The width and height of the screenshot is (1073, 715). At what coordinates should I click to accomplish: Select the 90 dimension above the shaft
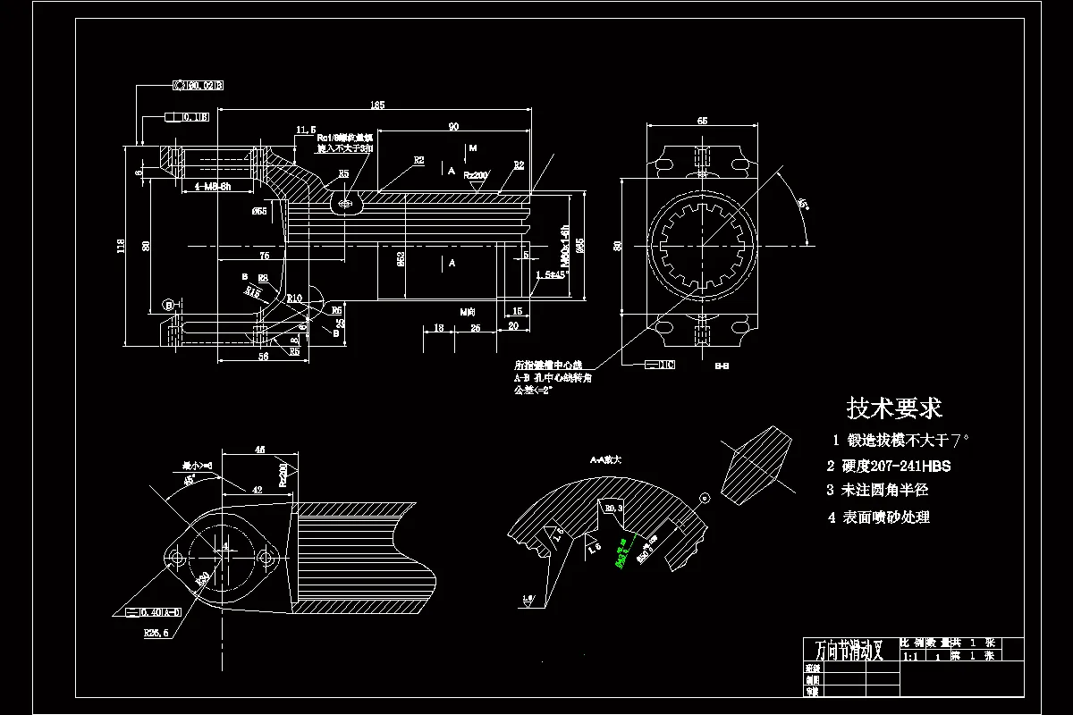[453, 125]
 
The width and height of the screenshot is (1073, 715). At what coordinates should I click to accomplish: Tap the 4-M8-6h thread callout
[200, 187]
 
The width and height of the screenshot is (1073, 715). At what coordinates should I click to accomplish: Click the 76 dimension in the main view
[264, 256]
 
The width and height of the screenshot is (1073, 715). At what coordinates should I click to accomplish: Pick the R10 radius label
[295, 298]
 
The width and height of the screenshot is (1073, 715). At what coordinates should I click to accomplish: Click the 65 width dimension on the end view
[702, 120]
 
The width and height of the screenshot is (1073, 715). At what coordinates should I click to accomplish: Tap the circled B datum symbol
[168, 305]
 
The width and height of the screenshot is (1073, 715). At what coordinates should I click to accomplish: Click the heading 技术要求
[894, 408]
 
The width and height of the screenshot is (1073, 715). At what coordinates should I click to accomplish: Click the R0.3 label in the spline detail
[615, 508]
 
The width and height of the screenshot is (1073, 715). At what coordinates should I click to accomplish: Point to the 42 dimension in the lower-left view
[257, 491]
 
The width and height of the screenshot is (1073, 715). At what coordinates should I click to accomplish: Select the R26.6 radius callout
[156, 632]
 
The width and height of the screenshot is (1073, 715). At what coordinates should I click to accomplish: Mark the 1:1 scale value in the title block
[911, 657]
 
